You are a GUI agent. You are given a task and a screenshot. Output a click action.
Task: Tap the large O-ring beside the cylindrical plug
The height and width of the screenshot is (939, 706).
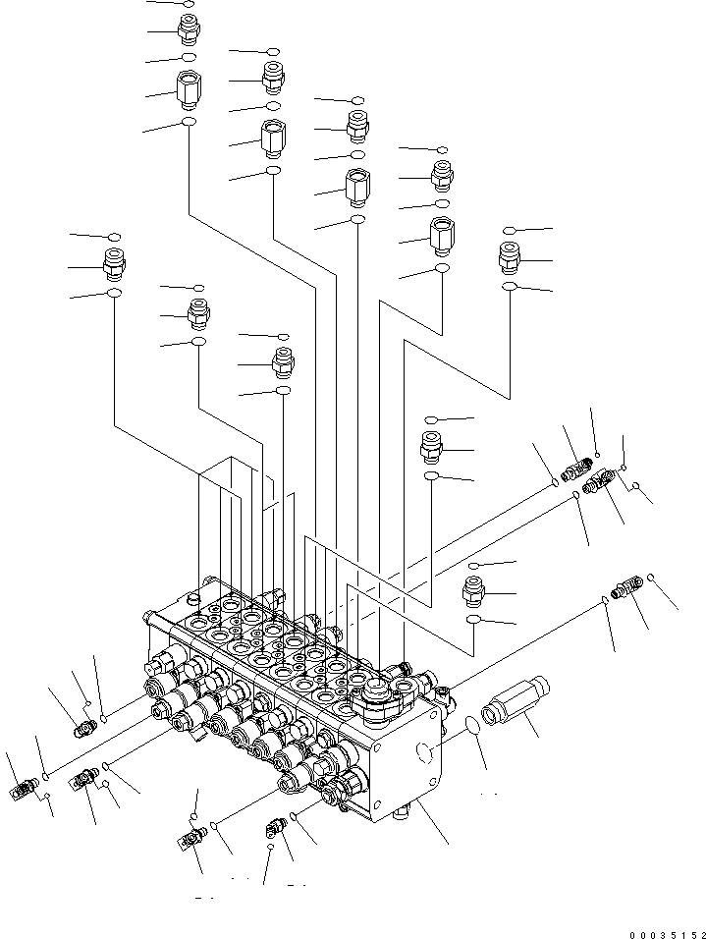[x=472, y=727]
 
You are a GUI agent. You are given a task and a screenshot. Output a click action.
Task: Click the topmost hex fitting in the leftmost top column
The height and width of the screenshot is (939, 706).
[x=188, y=30]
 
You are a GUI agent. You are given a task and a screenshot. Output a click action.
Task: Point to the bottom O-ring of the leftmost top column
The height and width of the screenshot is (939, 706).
[x=188, y=123]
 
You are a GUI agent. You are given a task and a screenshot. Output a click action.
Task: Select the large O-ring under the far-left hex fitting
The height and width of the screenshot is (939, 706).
[x=115, y=294]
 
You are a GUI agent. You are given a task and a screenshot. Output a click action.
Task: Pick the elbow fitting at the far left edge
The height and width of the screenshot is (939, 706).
[x=24, y=789]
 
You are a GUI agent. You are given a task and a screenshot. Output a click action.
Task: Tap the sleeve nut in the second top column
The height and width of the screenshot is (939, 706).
[x=272, y=137]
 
